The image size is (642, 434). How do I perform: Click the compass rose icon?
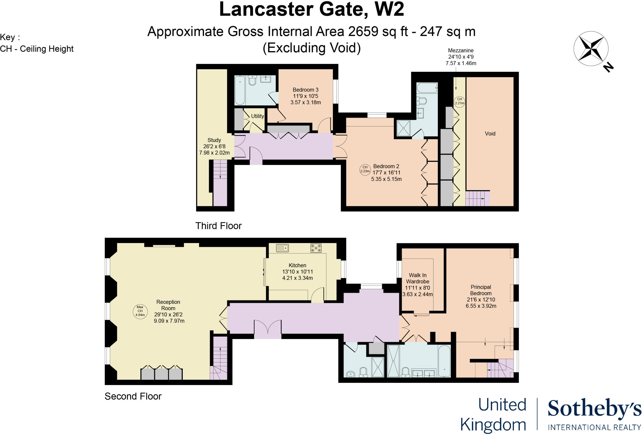[591, 49]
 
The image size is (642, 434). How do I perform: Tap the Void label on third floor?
[490, 134]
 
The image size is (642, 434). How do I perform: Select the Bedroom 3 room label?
[305, 90]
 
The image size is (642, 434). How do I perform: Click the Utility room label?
[257, 116]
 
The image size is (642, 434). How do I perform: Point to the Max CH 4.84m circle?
[140, 311]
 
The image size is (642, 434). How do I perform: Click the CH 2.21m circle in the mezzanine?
[459, 101]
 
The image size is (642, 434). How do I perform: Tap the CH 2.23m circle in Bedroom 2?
[365, 169]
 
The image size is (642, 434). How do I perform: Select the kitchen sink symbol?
[282, 248]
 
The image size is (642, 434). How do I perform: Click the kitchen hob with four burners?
[316, 248]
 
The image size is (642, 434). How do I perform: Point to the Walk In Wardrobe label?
[418, 278]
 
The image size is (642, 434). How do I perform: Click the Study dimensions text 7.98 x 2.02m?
[214, 153]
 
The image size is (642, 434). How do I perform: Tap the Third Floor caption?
[218, 226]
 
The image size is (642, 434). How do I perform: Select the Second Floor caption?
[133, 396]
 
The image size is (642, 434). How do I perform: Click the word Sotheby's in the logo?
[594, 409]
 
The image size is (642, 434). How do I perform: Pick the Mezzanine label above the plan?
[460, 50]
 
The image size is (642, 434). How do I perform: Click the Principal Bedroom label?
[481, 290]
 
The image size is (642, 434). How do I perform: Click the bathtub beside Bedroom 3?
[240, 90]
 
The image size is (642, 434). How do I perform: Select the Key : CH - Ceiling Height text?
[37, 43]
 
